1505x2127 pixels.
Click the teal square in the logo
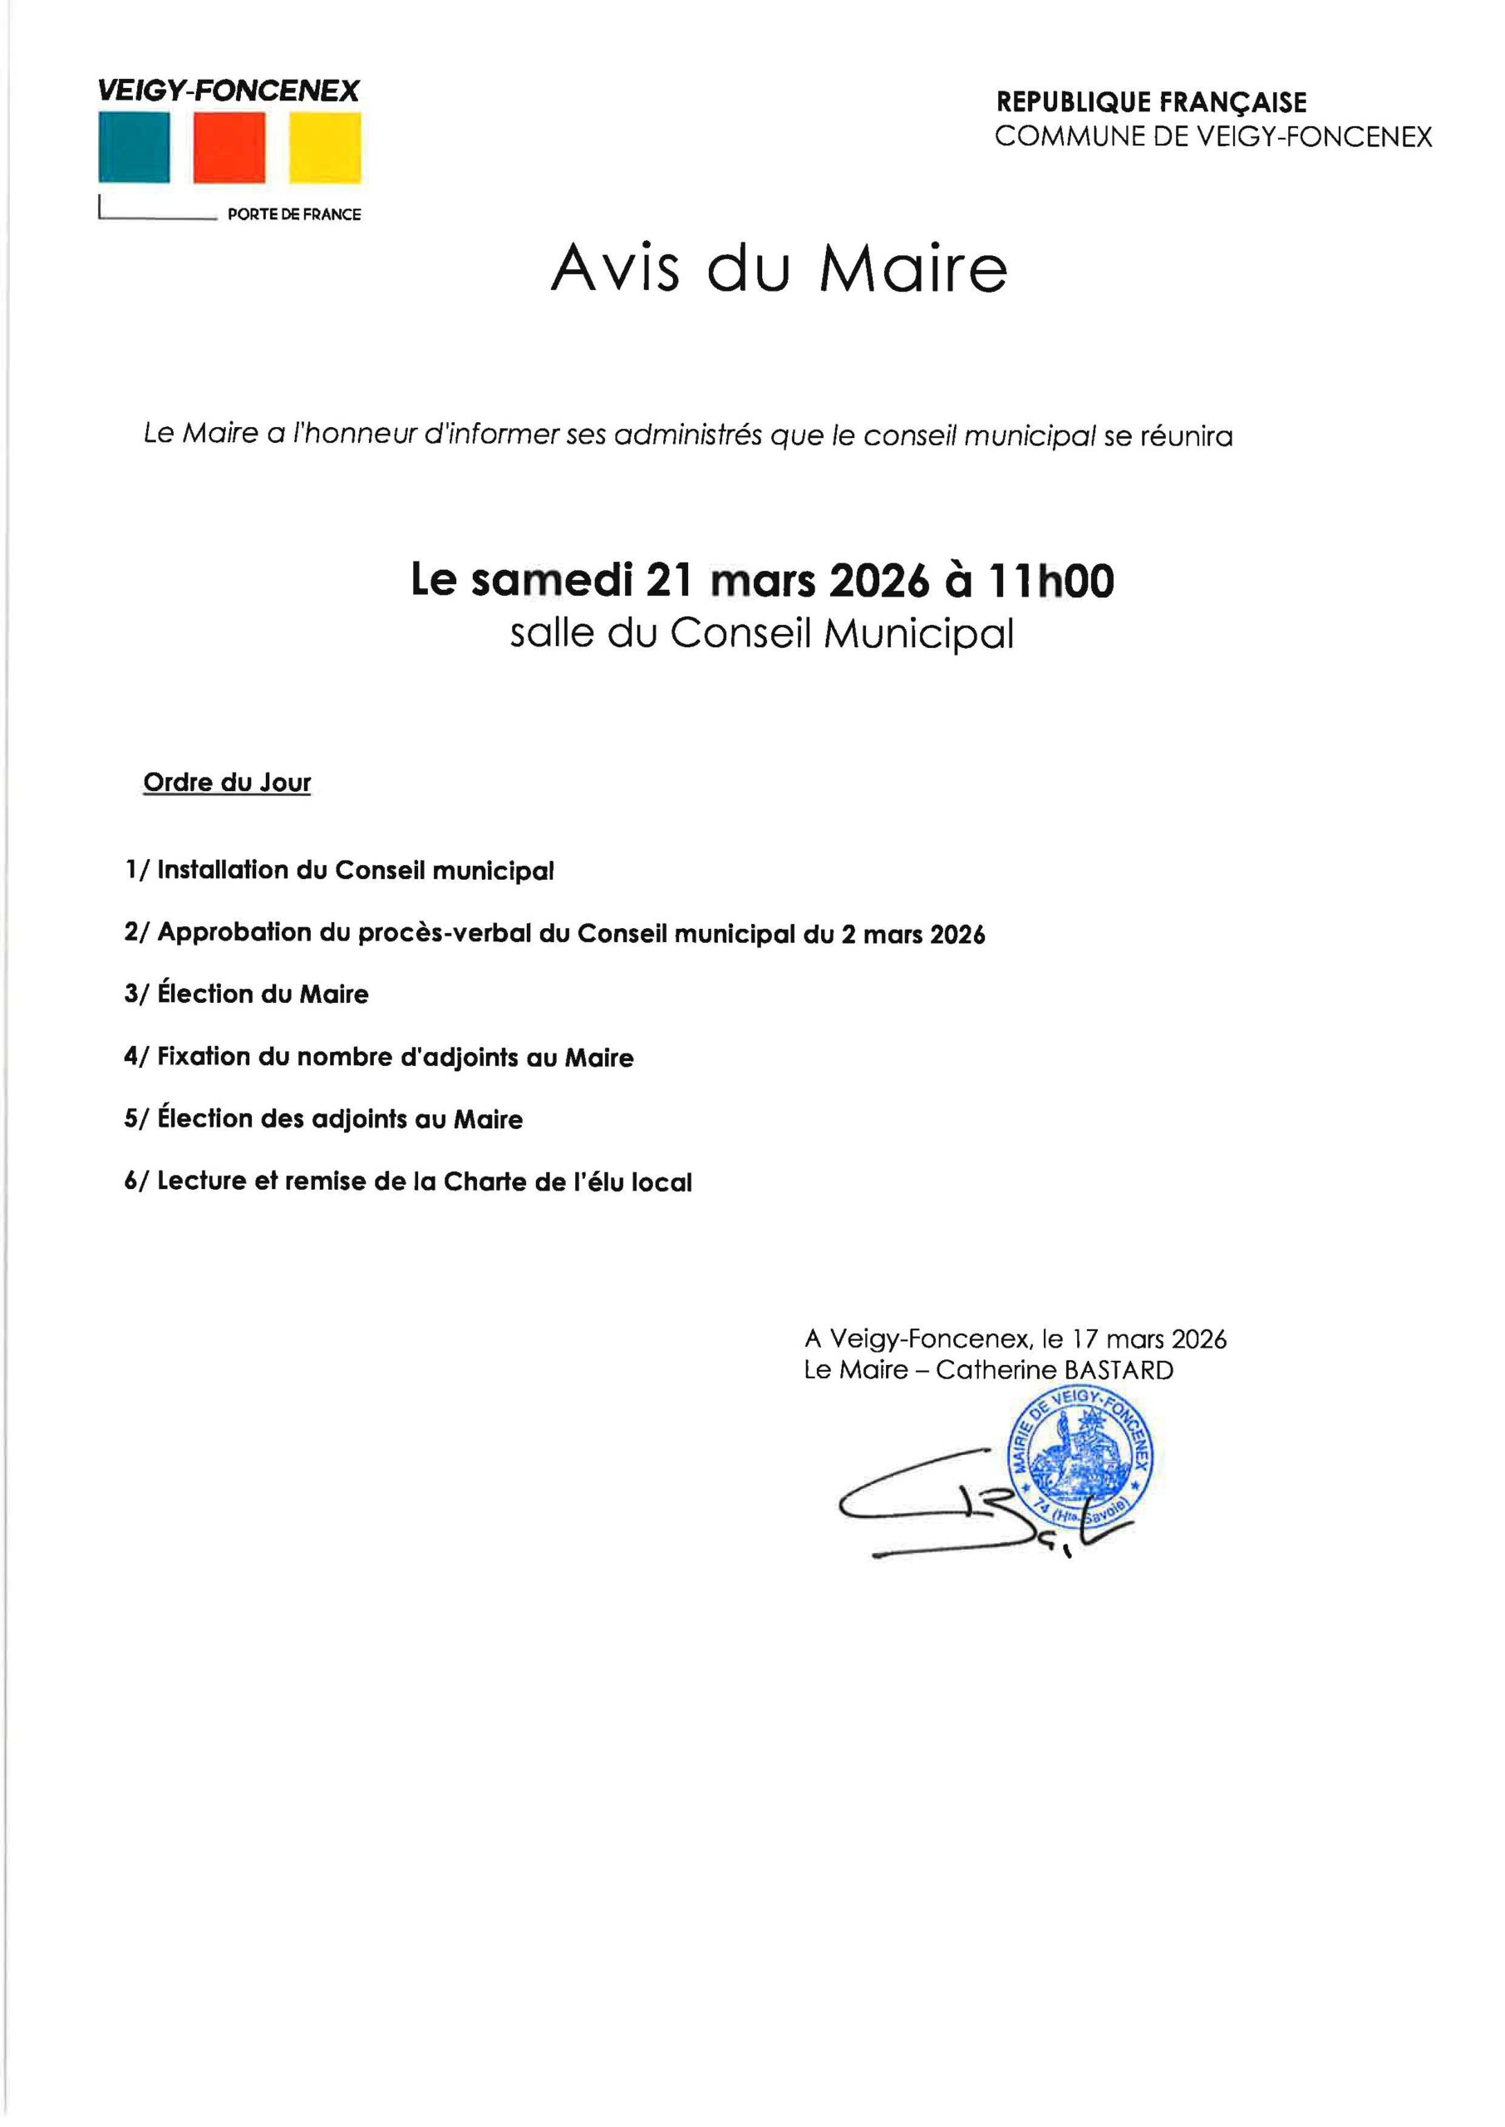(x=135, y=147)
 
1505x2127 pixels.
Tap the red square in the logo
(x=229, y=147)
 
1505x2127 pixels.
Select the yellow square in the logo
(x=324, y=147)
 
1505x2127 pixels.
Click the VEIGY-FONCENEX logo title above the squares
(x=228, y=91)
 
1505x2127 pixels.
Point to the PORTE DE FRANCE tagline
(x=294, y=214)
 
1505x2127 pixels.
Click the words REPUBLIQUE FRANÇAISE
(x=1151, y=102)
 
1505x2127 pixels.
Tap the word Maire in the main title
(x=912, y=268)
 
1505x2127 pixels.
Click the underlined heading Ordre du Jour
(x=227, y=783)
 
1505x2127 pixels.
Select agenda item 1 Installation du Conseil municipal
(x=339, y=871)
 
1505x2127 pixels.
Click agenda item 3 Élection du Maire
(x=247, y=994)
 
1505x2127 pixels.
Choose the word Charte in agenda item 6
(x=484, y=1182)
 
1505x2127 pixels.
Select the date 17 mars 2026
(x=1149, y=1339)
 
